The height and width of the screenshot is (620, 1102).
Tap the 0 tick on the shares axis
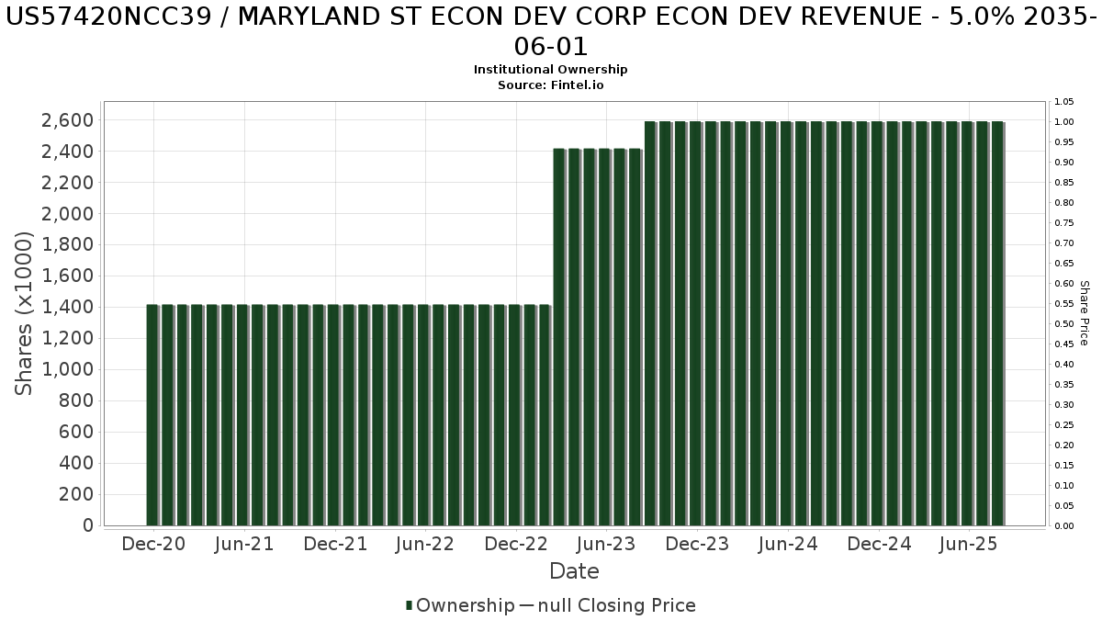pyautogui.click(x=88, y=525)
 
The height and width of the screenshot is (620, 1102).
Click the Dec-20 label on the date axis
pyautogui.click(x=153, y=544)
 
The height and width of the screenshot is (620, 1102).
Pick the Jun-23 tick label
pyautogui.click(x=606, y=544)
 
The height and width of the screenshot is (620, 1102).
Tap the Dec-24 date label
pyautogui.click(x=879, y=544)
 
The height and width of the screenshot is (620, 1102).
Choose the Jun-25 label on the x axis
pyautogui.click(x=970, y=544)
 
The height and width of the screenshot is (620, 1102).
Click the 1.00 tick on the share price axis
pyautogui.click(x=1064, y=122)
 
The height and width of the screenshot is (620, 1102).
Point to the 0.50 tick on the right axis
pyautogui.click(x=1064, y=324)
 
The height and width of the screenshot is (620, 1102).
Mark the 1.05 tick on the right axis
pyautogui.click(x=1064, y=102)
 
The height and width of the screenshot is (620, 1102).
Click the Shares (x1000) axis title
pyautogui.click(x=25, y=313)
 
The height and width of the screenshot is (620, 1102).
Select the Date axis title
pyautogui.click(x=574, y=571)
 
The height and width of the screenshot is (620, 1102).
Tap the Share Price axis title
pyautogui.click(x=1084, y=313)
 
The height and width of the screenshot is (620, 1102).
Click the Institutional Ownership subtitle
pyautogui.click(x=551, y=70)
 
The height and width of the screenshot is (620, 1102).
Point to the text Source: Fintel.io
pyautogui.click(x=551, y=85)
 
